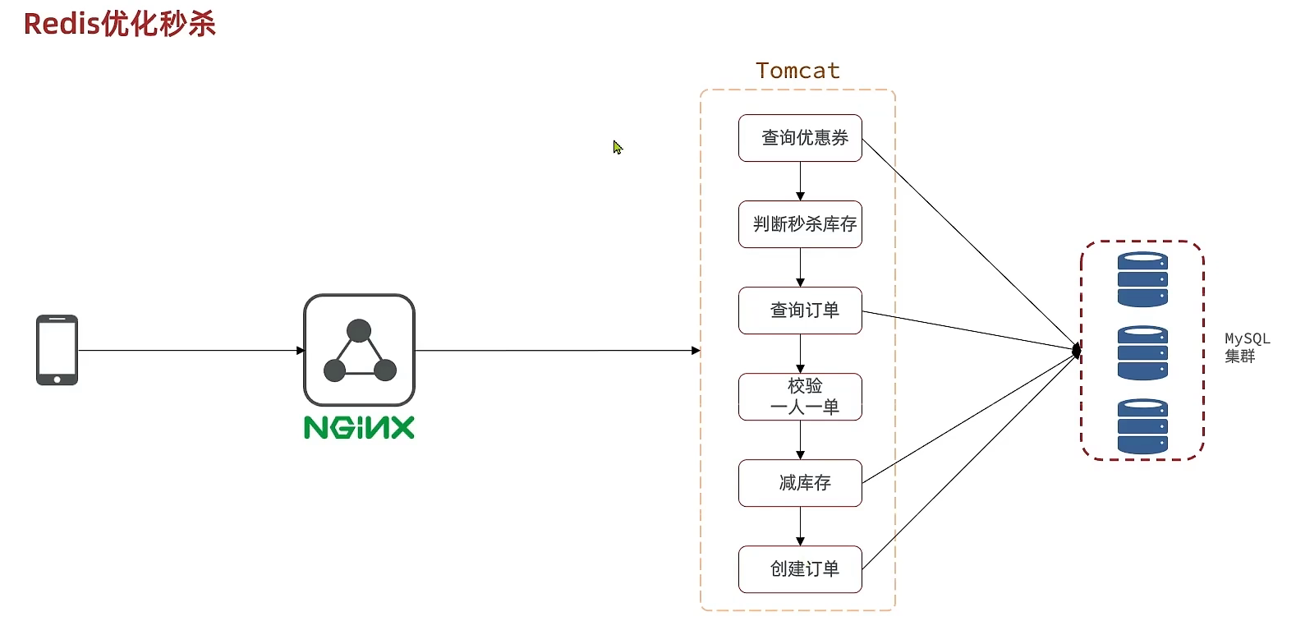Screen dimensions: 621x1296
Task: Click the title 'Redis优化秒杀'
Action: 120,23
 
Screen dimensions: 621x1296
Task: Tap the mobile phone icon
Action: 57,350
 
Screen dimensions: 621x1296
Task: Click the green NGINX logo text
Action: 359,427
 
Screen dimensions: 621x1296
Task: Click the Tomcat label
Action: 797,71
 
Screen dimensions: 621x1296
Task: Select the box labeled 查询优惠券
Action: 800,138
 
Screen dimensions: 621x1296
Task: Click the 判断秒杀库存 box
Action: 800,224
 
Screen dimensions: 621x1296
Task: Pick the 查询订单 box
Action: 800,310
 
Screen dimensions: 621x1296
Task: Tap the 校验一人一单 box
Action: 800,397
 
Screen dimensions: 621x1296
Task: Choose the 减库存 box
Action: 800,483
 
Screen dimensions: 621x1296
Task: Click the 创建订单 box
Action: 800,569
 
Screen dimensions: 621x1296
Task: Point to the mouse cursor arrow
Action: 618,148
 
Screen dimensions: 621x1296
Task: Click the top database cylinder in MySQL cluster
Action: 1142,279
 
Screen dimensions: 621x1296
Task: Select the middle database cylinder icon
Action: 1142,353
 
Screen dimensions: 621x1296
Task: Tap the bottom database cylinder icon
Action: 1142,426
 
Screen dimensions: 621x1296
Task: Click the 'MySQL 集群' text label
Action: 1246,347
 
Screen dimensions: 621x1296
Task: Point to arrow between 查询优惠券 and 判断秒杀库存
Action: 800,181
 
